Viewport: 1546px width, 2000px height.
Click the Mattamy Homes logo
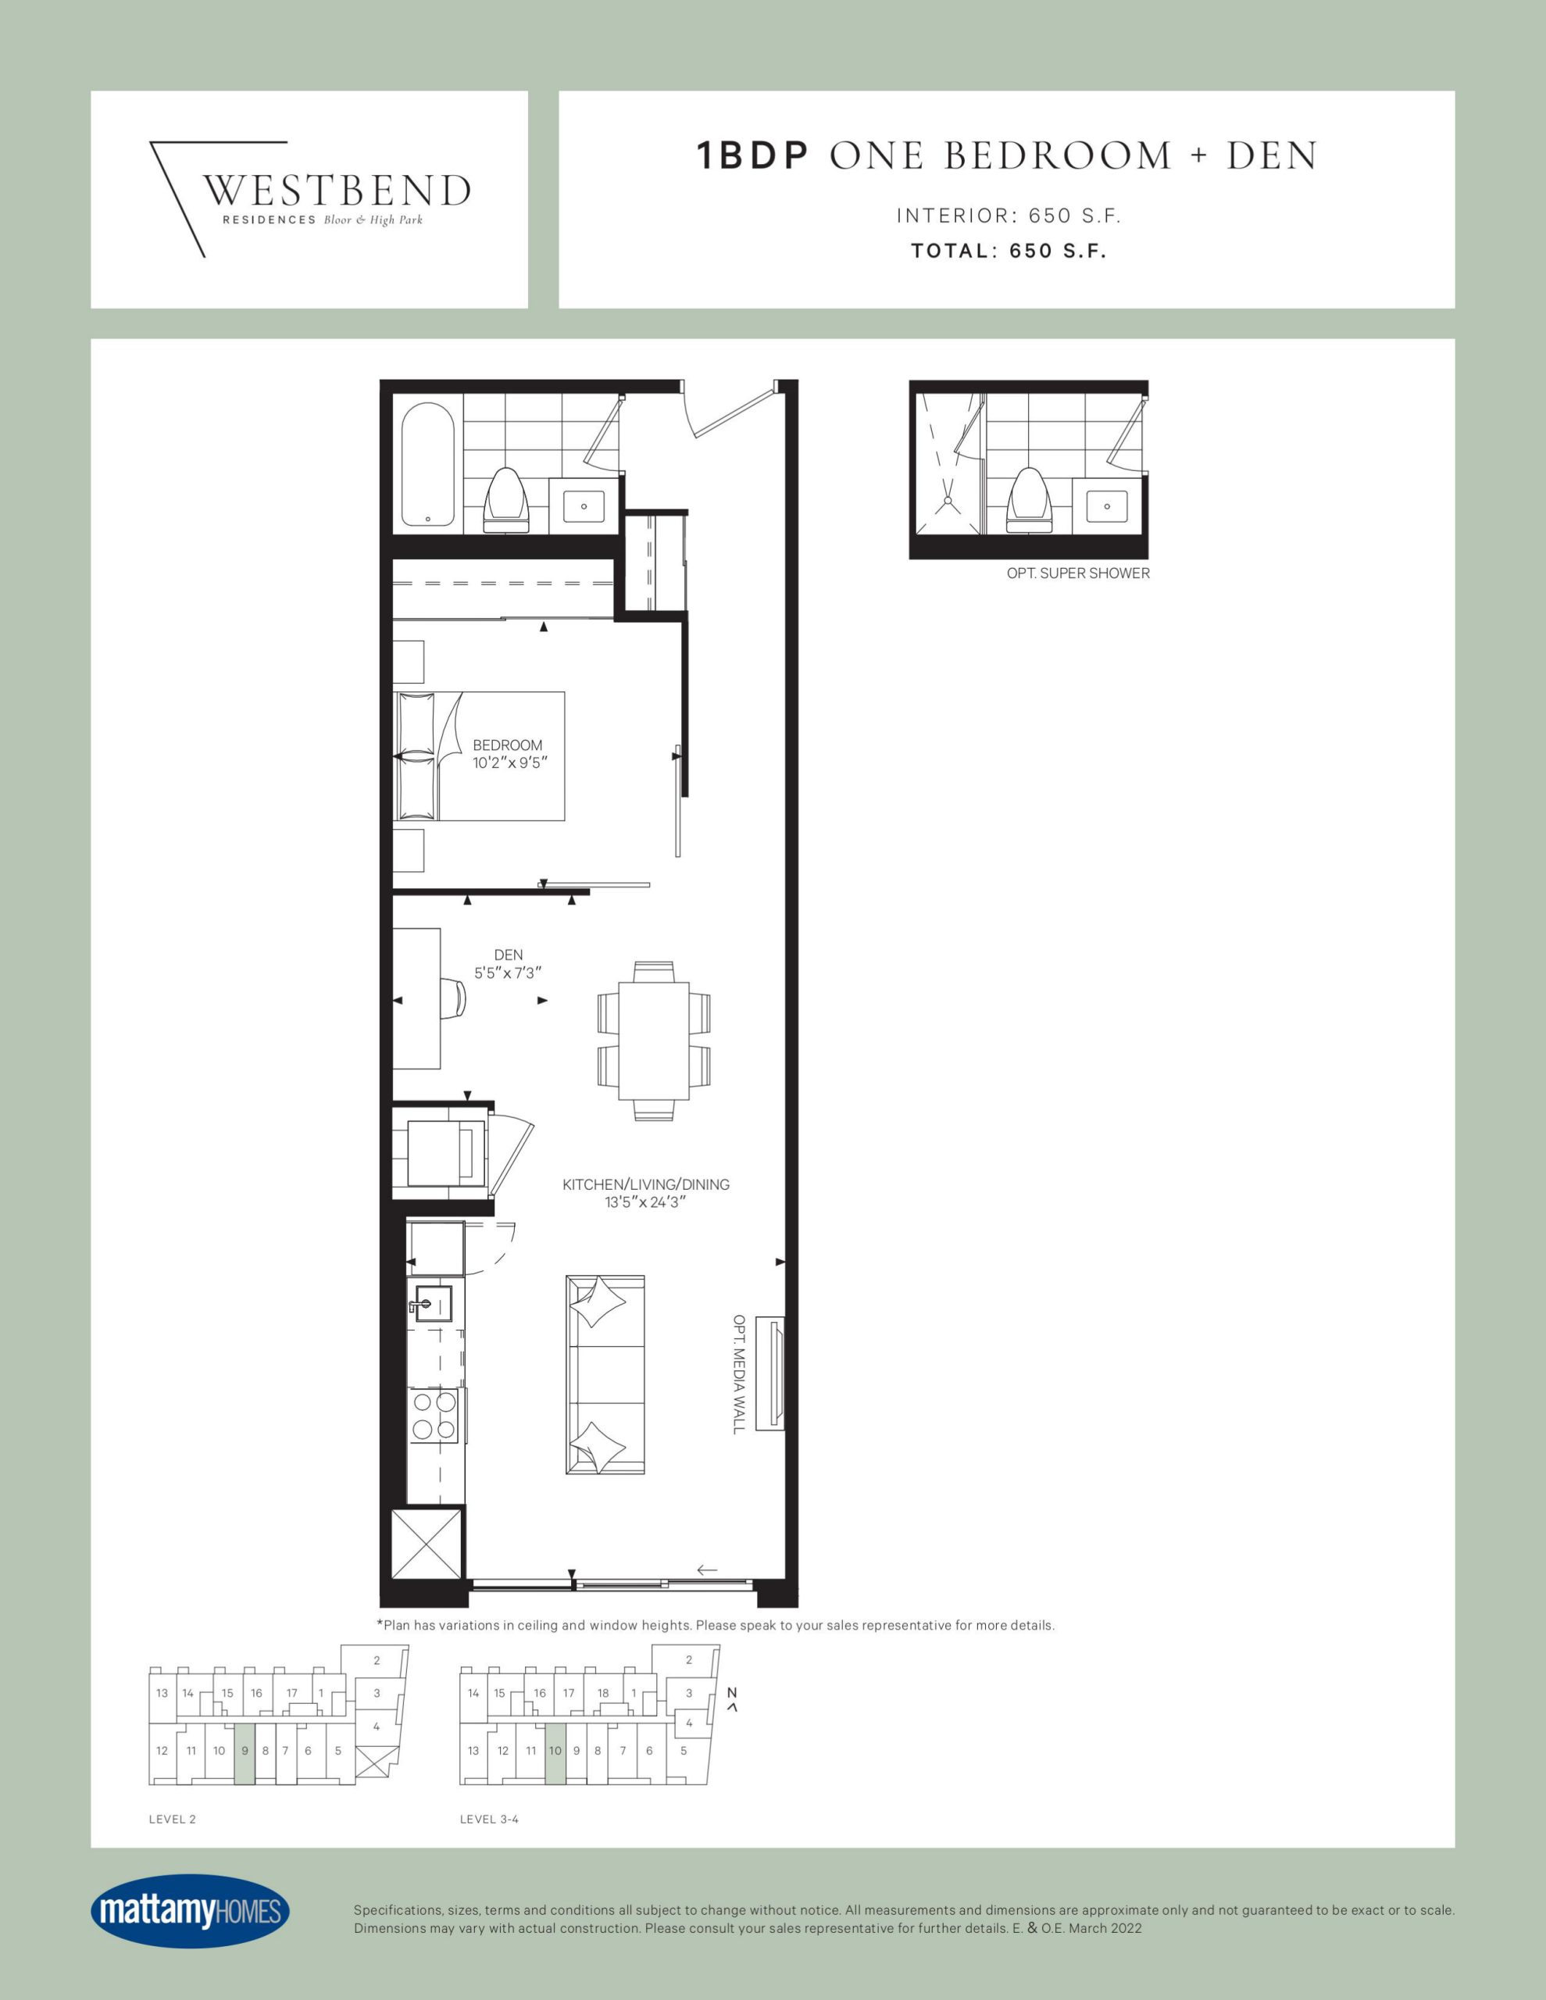point(190,1911)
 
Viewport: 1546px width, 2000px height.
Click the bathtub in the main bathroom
point(428,465)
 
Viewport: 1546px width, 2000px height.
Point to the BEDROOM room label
point(508,745)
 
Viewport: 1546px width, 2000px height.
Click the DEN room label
point(509,955)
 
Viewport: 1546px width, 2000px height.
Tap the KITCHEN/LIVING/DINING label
point(646,1184)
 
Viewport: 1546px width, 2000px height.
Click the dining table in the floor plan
point(654,1041)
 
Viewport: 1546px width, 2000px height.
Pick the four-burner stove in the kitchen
point(434,1416)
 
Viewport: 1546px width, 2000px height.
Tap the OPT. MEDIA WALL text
point(738,1374)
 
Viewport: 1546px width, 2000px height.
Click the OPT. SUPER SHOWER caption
point(1078,573)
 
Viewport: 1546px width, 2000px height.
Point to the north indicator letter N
point(732,1693)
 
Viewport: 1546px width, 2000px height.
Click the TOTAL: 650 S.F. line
point(1009,251)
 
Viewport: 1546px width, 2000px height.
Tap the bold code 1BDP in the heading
point(753,155)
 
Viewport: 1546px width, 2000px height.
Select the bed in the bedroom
point(479,756)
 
